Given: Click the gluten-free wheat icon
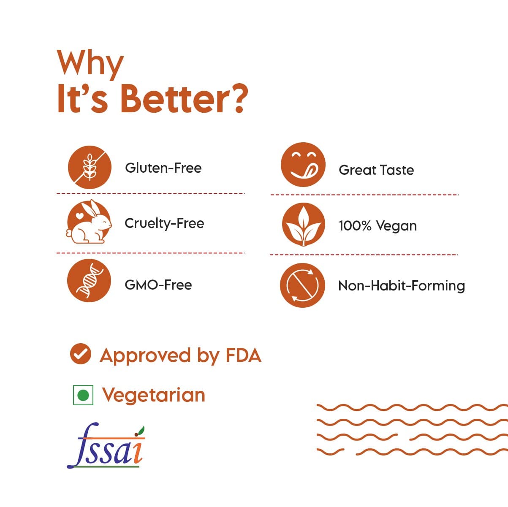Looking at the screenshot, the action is tap(90, 167).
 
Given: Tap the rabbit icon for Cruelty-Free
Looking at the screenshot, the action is tap(89, 222).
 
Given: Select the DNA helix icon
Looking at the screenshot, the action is tap(89, 281).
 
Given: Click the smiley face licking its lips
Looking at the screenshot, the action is tap(303, 165).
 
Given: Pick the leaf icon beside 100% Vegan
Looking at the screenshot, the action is tap(304, 224).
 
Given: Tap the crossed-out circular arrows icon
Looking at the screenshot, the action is tap(302, 285).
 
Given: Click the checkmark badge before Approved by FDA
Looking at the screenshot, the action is tap(80, 354).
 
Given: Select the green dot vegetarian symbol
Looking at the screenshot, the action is tap(83, 395).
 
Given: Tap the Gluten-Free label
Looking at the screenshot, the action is tap(163, 168).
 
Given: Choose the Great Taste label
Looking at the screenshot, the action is tap(376, 170).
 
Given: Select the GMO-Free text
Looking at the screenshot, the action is tap(158, 285).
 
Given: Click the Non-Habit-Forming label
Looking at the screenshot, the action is tap(402, 286).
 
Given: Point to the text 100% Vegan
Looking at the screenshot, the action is tap(378, 226).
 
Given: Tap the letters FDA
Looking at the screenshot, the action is tap(243, 355).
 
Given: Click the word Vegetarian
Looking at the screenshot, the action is tap(154, 396).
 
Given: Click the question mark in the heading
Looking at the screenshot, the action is tap(238, 98).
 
